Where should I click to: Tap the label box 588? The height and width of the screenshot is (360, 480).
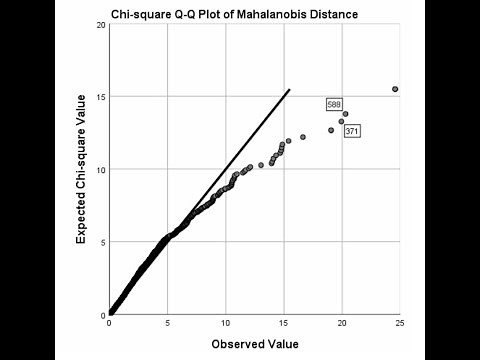(x=334, y=104)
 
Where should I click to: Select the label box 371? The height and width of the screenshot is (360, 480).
(x=352, y=131)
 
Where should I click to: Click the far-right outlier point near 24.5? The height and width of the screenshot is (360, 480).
(x=395, y=89)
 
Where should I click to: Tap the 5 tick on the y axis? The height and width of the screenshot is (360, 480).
(x=101, y=242)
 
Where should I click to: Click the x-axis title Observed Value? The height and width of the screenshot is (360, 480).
(x=254, y=345)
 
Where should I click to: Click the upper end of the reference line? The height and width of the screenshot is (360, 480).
(x=289, y=90)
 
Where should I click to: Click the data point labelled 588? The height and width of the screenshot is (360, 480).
(x=345, y=114)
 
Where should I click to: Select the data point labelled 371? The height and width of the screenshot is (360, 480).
(x=341, y=122)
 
